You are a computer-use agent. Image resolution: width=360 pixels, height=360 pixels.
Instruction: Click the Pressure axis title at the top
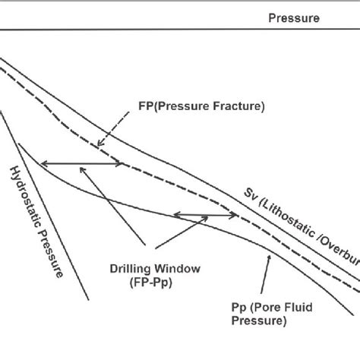coord(294,17)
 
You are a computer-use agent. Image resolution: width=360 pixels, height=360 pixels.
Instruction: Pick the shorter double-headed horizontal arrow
coord(192,216)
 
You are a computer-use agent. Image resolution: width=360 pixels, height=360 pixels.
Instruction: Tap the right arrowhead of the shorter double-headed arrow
coord(207,216)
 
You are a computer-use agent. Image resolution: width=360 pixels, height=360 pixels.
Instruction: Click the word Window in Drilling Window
coord(190,267)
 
